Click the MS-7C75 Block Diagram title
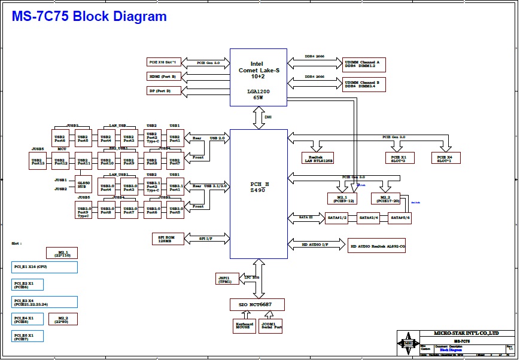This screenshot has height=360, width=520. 90,17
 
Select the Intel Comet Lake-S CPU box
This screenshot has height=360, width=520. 259,77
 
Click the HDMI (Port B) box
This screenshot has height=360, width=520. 163,77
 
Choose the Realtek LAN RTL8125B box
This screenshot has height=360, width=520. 318,158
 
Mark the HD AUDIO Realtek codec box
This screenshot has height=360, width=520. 378,245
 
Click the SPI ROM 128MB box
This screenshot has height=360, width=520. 172,239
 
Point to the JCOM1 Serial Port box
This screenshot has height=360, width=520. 271,326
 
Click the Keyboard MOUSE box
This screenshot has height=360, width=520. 244,326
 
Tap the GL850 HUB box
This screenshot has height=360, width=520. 84,184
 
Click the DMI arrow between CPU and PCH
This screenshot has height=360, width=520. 259,118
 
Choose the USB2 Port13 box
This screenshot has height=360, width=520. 37,160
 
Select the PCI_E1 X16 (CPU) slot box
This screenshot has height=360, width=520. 44,267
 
